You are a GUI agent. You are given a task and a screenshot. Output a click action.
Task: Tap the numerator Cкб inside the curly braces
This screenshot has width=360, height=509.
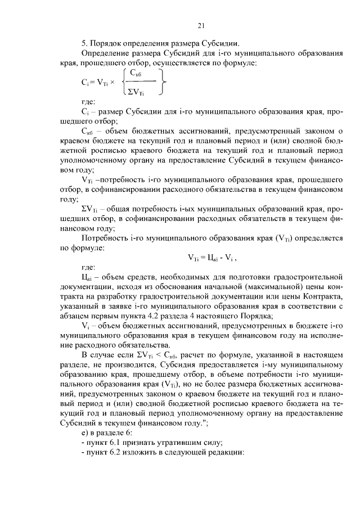coord(136,73)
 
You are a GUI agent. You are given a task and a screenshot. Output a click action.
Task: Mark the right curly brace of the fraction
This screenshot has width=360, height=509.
coord(164,82)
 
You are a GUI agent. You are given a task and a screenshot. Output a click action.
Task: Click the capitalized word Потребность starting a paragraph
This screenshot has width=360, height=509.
coord(105,238)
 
